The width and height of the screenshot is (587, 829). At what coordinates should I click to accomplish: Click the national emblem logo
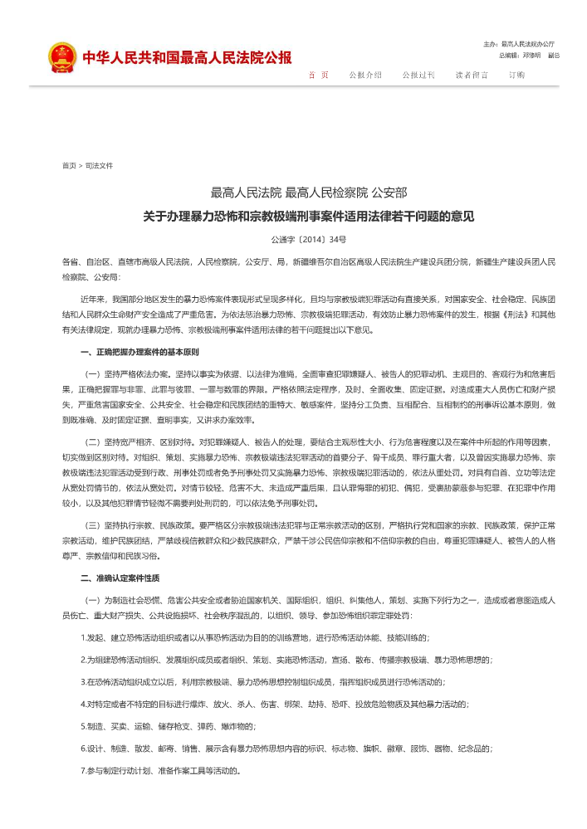tap(61, 57)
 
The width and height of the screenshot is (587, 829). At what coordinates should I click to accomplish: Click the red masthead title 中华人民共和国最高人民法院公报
tap(187, 57)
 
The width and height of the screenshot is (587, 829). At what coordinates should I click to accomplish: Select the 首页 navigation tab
tap(318, 75)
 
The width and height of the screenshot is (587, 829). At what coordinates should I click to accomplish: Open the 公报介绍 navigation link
tap(365, 75)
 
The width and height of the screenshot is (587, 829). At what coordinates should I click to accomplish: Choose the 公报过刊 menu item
tap(418, 75)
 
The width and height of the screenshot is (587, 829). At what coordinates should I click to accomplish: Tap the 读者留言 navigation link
tap(472, 75)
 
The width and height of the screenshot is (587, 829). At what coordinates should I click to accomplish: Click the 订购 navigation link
tap(516, 75)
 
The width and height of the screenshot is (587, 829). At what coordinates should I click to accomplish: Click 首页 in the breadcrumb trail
tap(69, 166)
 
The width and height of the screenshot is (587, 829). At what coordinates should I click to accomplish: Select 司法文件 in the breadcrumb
tap(99, 166)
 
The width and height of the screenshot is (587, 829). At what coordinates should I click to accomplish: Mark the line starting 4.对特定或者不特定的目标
tap(274, 704)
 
